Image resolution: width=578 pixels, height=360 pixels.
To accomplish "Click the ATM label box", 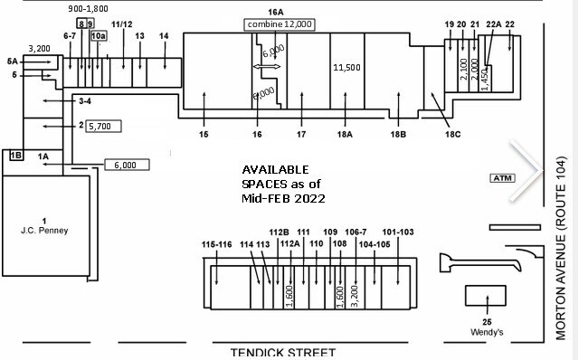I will (500, 178).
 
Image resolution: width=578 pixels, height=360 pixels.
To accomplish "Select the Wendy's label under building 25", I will (486, 331).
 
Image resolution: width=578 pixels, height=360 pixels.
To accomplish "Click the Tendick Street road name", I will (282, 353).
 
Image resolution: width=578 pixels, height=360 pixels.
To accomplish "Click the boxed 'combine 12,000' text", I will (280, 24).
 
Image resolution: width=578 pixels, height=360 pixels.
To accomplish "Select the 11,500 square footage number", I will (347, 68).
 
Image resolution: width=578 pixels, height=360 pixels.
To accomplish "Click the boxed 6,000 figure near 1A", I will (125, 165).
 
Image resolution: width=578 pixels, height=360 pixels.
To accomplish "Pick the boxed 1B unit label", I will (15, 156).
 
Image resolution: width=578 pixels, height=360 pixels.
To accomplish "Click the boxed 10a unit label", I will (98, 35).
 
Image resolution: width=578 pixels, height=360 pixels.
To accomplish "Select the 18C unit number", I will (451, 135).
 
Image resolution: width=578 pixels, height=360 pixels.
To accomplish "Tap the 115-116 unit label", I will (216, 244).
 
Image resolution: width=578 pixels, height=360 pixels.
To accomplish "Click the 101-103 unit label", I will (398, 244).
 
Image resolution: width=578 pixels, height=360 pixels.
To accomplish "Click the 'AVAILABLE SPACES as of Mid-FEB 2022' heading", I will (282, 184).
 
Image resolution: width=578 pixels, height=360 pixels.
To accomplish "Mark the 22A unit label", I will (494, 24).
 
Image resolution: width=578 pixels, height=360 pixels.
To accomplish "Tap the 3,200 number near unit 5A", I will (39, 49).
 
